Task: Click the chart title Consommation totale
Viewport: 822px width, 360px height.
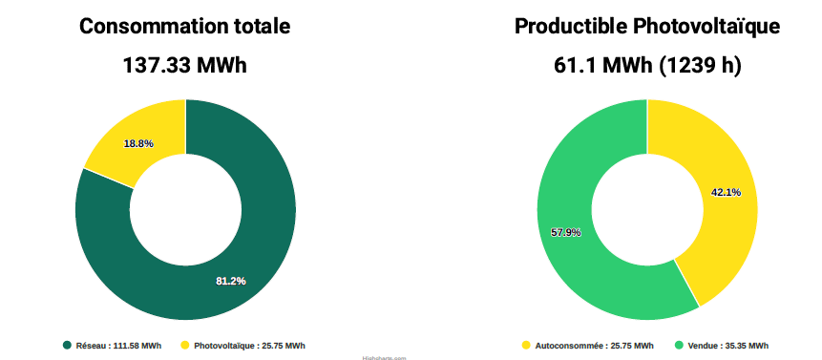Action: pos(184,27)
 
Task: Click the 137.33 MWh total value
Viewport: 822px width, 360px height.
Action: pos(184,66)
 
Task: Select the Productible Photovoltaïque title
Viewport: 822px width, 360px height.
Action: pos(647,27)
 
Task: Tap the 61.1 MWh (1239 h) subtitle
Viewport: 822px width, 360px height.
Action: pos(647,66)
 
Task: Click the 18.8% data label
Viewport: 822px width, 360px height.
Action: pos(138,143)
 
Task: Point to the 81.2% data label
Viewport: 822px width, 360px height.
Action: pos(231,281)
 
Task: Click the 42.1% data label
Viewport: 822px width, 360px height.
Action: pos(726,192)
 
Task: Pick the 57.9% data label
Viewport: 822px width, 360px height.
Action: pos(566,232)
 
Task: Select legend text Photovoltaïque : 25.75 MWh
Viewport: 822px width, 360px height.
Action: pos(249,346)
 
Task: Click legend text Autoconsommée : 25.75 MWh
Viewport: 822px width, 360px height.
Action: pos(594,346)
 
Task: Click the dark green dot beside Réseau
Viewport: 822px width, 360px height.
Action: pos(67,346)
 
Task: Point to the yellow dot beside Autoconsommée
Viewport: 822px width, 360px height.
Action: pos(526,346)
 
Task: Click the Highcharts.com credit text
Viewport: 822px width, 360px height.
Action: pos(384,358)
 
